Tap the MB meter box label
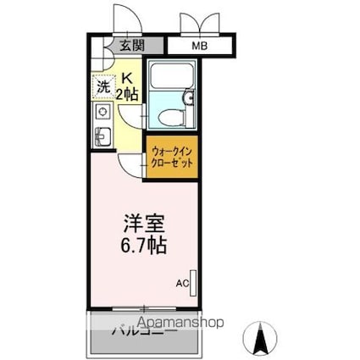(x=198, y=46)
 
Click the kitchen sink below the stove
(x=103, y=136)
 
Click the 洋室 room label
(x=141, y=226)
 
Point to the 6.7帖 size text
(x=142, y=246)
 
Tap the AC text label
(x=182, y=284)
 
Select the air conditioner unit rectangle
(x=194, y=283)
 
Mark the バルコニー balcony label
(x=144, y=333)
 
